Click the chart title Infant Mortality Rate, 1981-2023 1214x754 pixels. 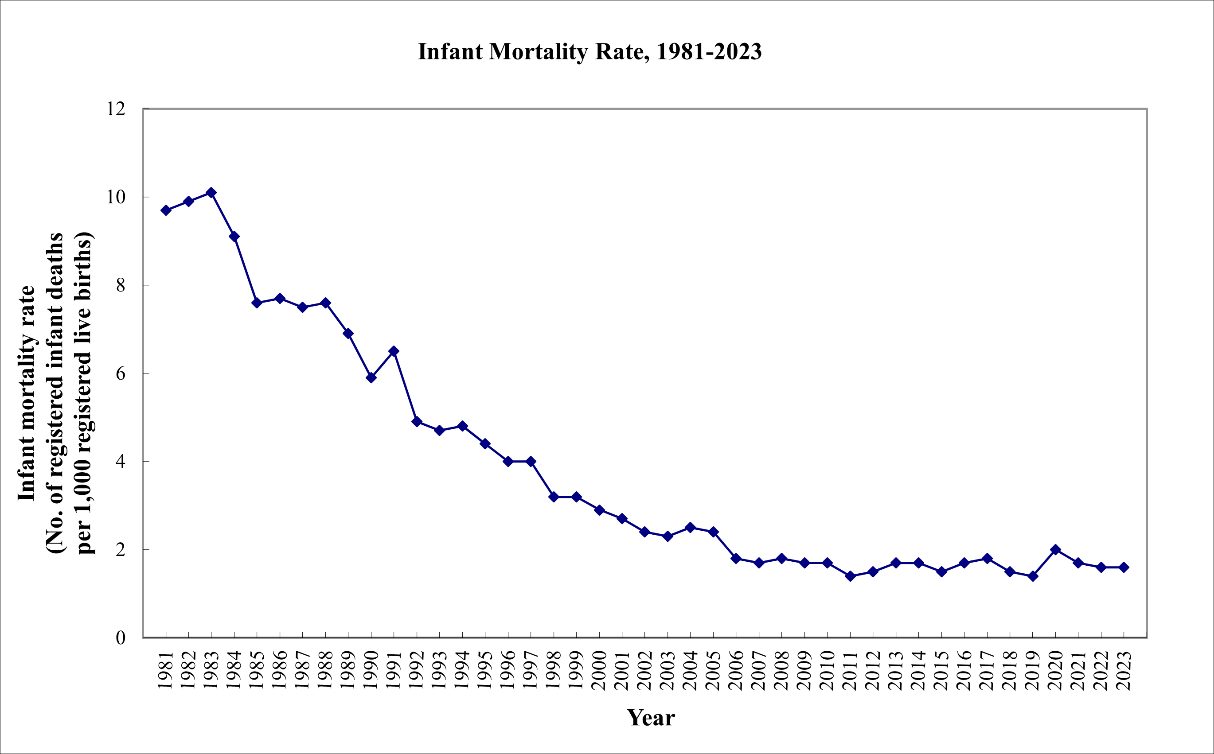(589, 52)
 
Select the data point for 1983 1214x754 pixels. (211, 193)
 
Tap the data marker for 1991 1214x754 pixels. (394, 351)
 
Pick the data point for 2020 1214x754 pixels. (1055, 549)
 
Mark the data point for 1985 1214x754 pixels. (257, 303)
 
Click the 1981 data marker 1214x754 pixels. (166, 210)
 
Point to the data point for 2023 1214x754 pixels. (1124, 567)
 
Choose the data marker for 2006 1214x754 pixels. (736, 559)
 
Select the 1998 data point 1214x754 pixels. (553, 497)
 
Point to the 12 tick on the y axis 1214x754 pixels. (116, 109)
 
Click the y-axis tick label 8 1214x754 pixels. (120, 285)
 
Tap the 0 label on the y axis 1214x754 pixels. (120, 638)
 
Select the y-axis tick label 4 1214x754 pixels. (120, 461)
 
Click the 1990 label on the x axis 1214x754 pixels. (371, 670)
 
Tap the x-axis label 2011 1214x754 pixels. (850, 670)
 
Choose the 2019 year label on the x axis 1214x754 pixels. (1032, 670)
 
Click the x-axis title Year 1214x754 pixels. (651, 718)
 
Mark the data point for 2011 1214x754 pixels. (851, 576)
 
